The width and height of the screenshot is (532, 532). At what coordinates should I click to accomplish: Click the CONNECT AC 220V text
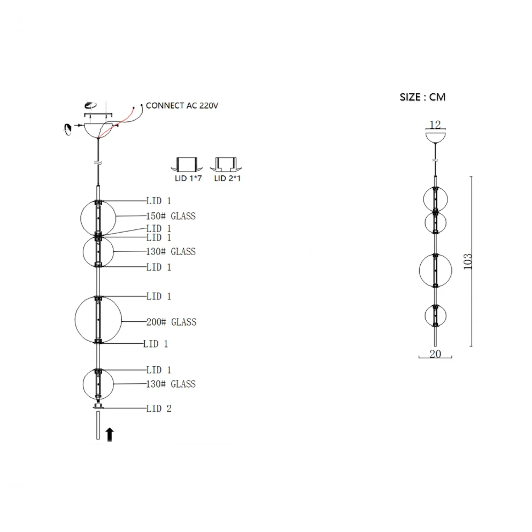182,106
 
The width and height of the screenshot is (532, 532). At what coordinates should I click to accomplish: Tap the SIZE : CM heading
422,97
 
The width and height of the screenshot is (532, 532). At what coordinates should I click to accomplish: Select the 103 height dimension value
468,261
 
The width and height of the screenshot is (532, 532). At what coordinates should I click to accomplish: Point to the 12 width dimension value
435,124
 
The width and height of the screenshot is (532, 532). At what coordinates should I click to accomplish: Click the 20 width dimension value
435,354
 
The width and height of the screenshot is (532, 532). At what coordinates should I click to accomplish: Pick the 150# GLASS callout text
171,216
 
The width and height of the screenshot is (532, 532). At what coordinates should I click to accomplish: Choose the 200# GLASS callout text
171,322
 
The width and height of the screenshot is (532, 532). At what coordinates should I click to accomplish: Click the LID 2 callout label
159,409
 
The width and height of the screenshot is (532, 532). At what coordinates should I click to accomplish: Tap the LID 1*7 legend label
188,178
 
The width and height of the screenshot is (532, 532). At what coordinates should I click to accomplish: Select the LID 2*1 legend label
227,178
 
